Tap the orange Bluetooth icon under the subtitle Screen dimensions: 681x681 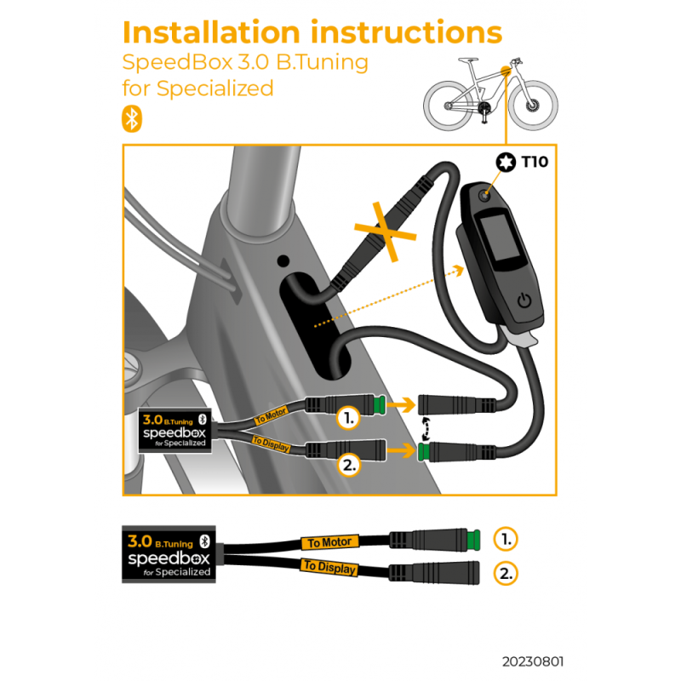pos(132,119)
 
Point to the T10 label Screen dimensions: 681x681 pos(535,162)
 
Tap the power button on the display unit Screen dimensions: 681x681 pos(524,300)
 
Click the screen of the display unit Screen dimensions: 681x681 pos(498,241)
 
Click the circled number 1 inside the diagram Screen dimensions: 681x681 pos(347,417)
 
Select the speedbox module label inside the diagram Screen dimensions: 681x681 pos(175,433)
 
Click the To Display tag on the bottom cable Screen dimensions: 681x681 pos(329,568)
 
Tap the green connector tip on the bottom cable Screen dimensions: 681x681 pos(476,539)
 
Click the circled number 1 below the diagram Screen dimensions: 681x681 pos(506,539)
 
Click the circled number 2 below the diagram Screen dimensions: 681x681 pos(506,573)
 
